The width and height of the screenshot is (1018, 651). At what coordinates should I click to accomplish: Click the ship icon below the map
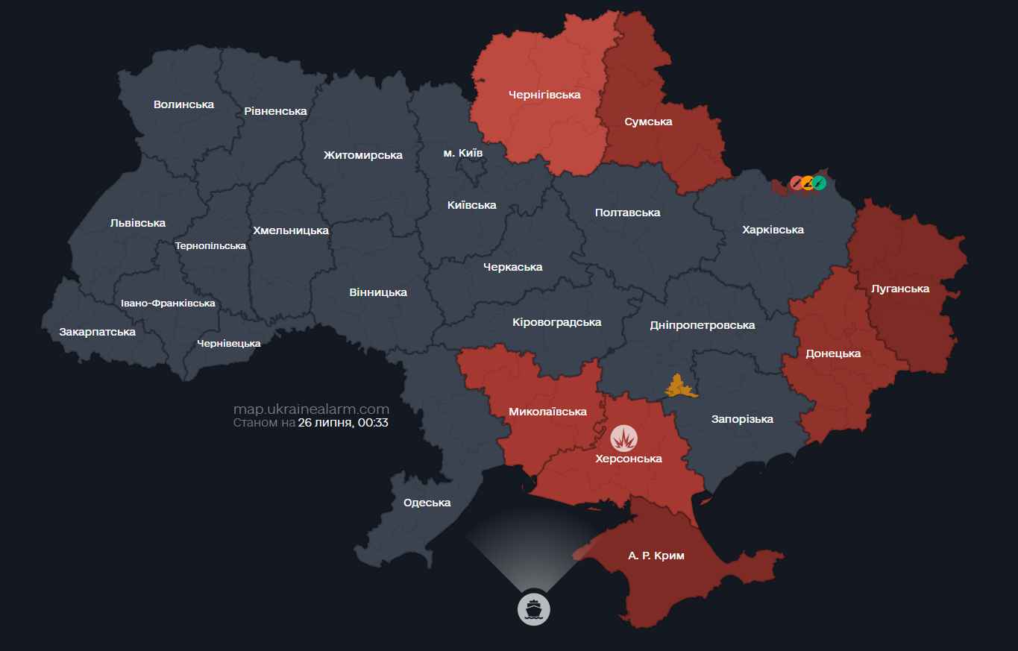(x=533, y=608)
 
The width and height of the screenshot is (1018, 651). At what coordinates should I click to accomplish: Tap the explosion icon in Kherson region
(x=624, y=438)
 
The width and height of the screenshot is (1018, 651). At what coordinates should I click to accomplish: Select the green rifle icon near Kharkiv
(x=819, y=183)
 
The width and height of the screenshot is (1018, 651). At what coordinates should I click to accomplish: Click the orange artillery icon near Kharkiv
(x=808, y=183)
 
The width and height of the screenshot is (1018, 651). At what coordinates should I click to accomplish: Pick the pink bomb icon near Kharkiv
(x=797, y=183)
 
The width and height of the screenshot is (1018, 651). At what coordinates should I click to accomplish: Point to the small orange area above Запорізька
(x=678, y=387)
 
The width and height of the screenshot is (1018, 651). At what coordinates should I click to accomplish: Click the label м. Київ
(x=462, y=153)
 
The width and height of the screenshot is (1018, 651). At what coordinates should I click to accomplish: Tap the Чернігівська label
(x=544, y=95)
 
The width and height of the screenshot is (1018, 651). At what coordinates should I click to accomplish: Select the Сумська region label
(x=648, y=122)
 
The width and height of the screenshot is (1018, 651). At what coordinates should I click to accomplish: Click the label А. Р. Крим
(x=656, y=556)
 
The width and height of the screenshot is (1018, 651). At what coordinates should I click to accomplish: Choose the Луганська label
(x=900, y=289)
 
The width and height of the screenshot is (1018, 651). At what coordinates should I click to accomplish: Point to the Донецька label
(x=833, y=353)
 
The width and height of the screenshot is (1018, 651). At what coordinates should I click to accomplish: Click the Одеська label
(x=427, y=503)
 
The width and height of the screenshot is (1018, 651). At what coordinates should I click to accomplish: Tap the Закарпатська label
(x=97, y=332)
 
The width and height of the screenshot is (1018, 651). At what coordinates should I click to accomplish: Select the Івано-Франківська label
(x=168, y=304)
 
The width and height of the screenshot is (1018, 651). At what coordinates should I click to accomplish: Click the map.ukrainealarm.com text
(x=311, y=409)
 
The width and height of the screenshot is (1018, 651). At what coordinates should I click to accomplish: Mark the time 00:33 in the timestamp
(x=374, y=423)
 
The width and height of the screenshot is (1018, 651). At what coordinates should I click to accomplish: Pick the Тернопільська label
(x=210, y=246)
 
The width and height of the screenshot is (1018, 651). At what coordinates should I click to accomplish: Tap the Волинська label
(x=183, y=104)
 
